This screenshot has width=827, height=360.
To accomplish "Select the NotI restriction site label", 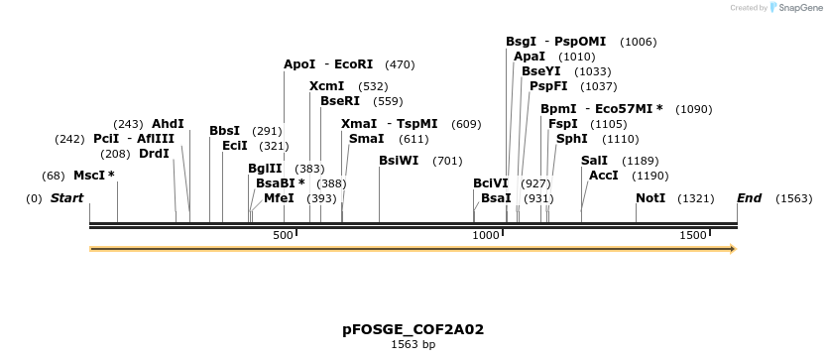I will tap(650, 198).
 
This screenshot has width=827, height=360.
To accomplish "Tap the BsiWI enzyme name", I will tap(399, 161).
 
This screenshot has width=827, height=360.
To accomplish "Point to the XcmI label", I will tap(327, 86).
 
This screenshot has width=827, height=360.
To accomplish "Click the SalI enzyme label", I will tap(594, 161).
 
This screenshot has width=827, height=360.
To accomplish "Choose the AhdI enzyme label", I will tap(168, 124).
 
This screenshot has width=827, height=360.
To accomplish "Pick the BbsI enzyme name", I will tap(224, 131).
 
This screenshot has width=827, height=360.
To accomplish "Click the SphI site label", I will tap(571, 139).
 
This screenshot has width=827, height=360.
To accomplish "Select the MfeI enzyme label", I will tap(279, 198).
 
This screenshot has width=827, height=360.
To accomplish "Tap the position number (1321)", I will tap(696, 199).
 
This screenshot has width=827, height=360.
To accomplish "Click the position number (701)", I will tap(448, 161).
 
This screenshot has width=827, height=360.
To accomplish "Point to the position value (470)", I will tap(400, 64).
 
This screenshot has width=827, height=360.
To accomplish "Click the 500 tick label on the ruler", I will tap(284, 235).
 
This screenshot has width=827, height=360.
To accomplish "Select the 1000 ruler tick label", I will tap(486, 235).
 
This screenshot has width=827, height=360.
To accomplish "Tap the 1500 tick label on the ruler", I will tap(692, 235).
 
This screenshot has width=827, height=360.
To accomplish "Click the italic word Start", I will tap(66, 198).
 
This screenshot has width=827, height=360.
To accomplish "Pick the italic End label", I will tap(749, 198).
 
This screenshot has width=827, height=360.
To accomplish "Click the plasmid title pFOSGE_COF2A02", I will tap(413, 328).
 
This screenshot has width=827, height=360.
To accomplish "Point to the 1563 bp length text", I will tap(413, 345).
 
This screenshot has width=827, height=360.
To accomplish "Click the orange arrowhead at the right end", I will tap(733, 249).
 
